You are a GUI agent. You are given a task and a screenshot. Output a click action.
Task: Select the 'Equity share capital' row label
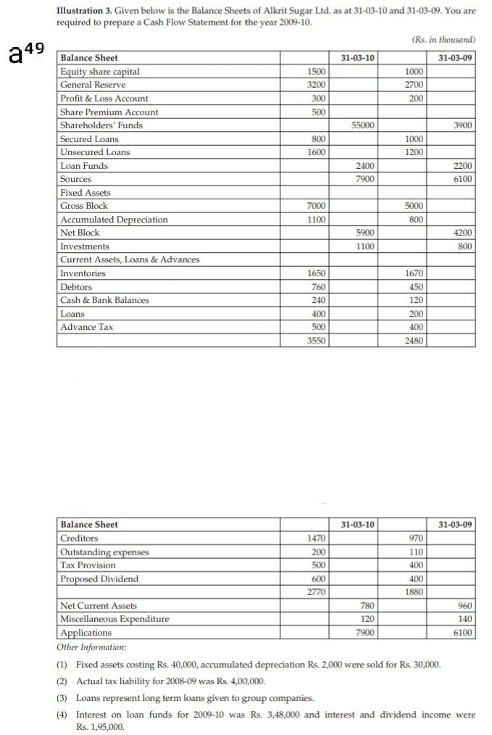pos(100,71)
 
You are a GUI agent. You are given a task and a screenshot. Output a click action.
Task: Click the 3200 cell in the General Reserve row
pos(316,85)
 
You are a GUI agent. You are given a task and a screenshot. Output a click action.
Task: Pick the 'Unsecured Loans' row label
pos(95,152)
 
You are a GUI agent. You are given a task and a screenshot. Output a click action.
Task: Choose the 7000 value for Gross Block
pos(316,206)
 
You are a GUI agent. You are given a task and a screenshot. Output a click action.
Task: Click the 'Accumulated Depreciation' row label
pos(114,220)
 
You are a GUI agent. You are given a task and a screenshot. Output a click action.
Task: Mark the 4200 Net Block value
pos(464,233)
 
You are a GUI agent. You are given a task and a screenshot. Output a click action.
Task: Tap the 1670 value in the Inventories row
pos(415,273)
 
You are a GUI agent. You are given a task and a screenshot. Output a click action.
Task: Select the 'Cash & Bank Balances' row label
pos(104,300)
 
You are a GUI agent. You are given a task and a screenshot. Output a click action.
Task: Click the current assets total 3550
pos(316,340)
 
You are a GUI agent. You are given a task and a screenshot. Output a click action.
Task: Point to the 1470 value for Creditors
pos(316,538)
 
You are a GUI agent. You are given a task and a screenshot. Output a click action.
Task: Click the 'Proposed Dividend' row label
pos(99,578)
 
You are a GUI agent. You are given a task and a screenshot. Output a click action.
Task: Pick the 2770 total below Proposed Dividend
pos(316,592)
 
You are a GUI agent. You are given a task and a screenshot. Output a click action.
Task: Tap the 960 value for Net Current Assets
pos(466,605)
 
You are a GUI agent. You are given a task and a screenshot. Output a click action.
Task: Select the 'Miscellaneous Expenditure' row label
pos(114,619)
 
